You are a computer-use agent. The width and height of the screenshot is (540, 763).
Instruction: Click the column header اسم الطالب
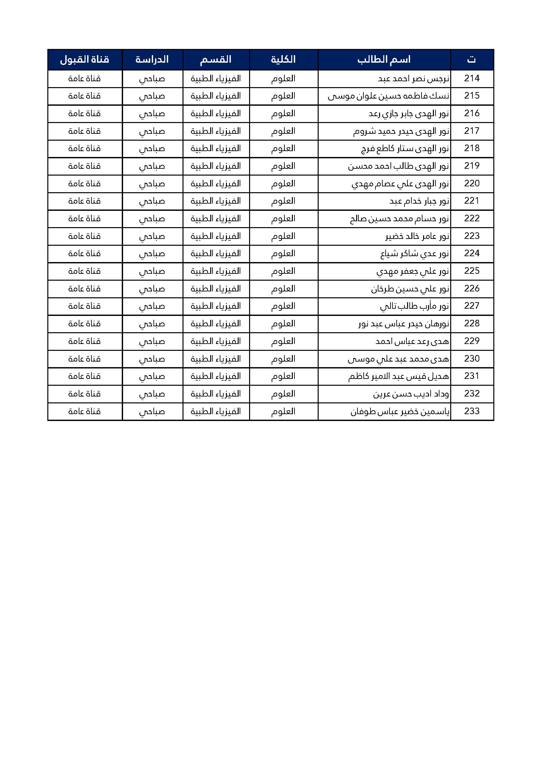pyautogui.click(x=384, y=60)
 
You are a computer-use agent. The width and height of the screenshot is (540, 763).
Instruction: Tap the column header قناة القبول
pyautogui.click(x=85, y=60)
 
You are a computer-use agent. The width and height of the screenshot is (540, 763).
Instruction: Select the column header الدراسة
pyautogui.click(x=152, y=60)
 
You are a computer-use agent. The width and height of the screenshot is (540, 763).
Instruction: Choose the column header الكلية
pyautogui.click(x=283, y=60)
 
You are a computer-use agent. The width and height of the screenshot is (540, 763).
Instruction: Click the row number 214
pyautogui.click(x=472, y=78)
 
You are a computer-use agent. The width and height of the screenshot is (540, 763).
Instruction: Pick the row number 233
pyautogui.click(x=472, y=412)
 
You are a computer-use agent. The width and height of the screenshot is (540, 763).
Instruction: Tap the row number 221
pyautogui.click(x=472, y=201)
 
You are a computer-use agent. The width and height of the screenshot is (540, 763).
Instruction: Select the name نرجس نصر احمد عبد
pyautogui.click(x=414, y=79)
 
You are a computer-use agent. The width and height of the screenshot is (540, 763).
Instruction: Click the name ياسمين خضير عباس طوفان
pyautogui.click(x=400, y=412)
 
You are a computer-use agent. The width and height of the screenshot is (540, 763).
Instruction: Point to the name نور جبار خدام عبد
pyautogui.click(x=419, y=201)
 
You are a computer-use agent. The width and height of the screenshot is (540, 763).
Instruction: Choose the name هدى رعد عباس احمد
pyautogui.click(x=412, y=341)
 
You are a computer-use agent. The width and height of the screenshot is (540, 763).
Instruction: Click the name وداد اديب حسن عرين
pyautogui.click(x=411, y=394)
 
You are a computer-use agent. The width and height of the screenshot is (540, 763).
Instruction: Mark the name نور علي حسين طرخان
pyautogui.click(x=410, y=289)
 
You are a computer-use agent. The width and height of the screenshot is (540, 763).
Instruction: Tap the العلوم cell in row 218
pyautogui.click(x=283, y=148)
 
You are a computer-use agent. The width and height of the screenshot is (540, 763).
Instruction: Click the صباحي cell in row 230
pyautogui.click(x=152, y=359)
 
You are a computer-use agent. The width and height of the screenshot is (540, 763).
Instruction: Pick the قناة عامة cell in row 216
pyautogui.click(x=85, y=114)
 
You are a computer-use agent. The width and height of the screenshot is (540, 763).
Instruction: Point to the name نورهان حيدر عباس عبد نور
pyautogui.click(x=404, y=324)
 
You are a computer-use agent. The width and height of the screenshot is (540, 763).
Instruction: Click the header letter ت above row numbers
pyautogui.click(x=471, y=60)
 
